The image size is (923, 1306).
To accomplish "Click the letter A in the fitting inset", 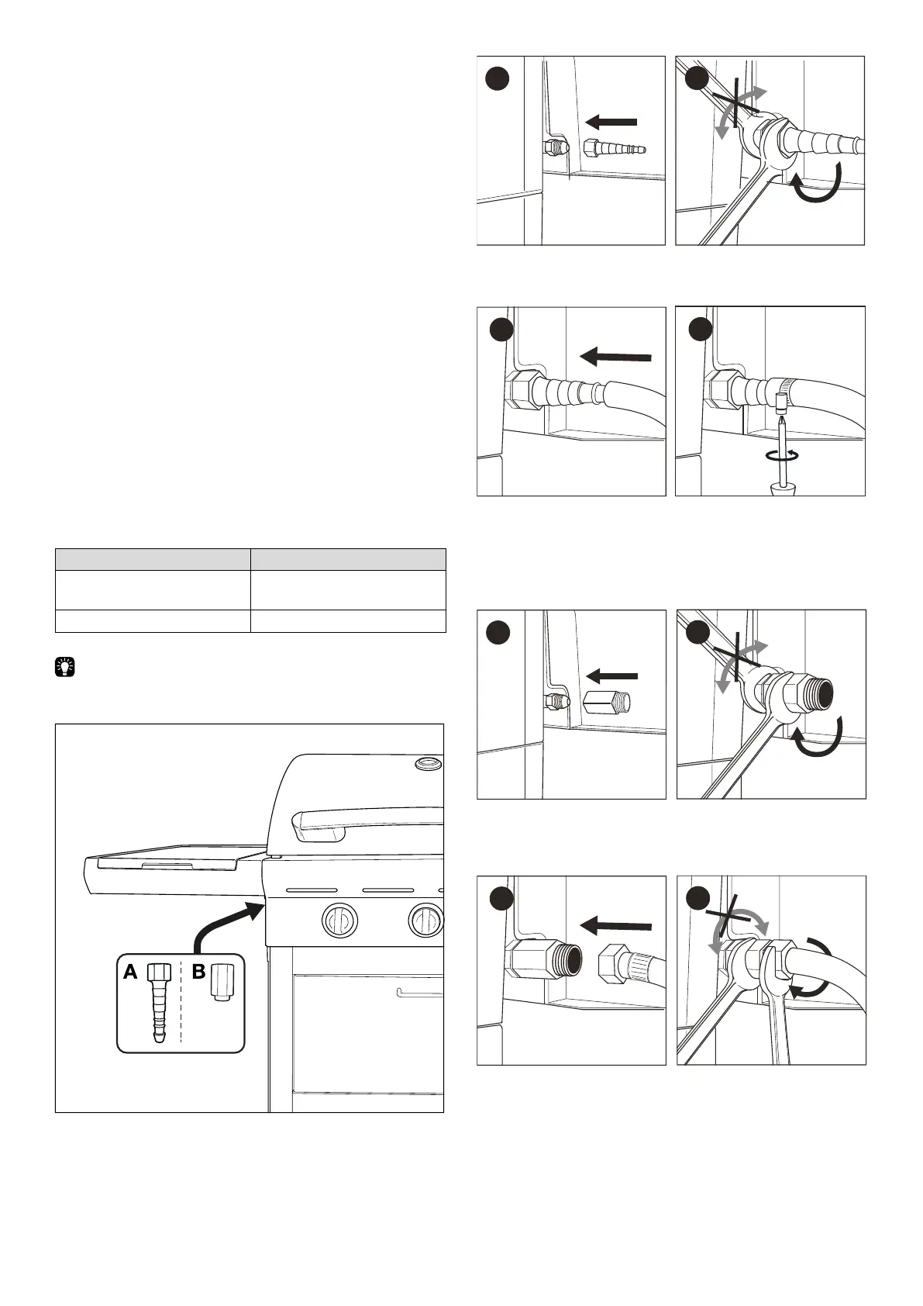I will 130,971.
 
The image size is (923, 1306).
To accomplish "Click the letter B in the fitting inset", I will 198,971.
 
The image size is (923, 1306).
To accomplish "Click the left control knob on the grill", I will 339,921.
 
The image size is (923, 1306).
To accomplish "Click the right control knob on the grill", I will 425,919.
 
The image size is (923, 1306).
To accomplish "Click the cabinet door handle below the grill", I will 419,992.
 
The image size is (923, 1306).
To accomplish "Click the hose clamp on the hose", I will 781,385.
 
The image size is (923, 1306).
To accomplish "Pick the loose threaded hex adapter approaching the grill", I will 607,703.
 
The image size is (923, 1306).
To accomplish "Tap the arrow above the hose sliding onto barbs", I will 615,356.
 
